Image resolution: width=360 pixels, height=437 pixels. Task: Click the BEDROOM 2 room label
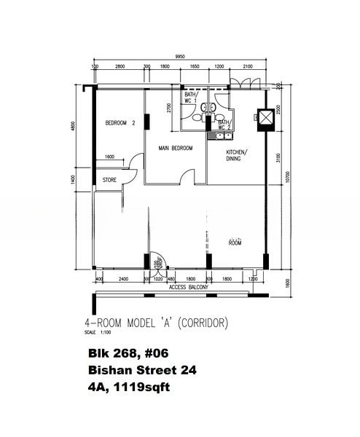(120, 123)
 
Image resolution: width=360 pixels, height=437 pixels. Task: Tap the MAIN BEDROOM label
(176, 148)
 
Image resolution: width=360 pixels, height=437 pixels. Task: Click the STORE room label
(109, 179)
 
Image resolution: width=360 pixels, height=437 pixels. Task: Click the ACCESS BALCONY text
(189, 288)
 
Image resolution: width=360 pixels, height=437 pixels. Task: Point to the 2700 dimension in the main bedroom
(169, 109)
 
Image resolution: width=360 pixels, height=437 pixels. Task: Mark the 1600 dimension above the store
(109, 157)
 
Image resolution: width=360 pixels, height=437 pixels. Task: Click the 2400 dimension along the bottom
(123, 279)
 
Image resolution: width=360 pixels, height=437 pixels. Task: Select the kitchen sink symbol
(218, 135)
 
